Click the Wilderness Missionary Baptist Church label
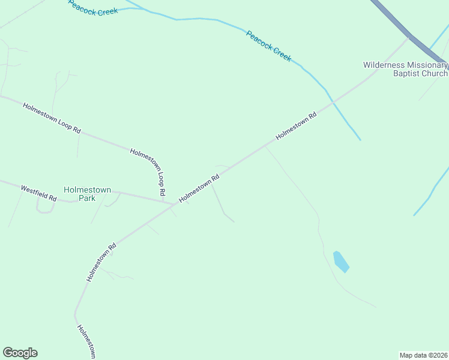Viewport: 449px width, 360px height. [x=405, y=69]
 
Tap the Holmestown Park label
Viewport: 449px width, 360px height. [x=87, y=194]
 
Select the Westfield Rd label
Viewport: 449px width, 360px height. [x=38, y=193]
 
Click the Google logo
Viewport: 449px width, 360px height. [x=20, y=353]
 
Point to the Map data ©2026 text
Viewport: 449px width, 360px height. [x=423, y=355]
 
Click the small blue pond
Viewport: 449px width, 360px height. [x=340, y=262]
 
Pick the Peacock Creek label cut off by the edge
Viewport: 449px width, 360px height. [x=93, y=8]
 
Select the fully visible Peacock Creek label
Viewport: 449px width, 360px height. [x=268, y=46]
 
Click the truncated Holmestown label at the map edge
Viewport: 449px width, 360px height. [x=86, y=343]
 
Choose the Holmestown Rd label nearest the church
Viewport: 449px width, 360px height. [x=296, y=127]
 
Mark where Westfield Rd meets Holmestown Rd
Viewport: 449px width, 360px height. [x=175, y=203]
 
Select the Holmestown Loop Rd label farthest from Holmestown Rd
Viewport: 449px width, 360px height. [x=52, y=118]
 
